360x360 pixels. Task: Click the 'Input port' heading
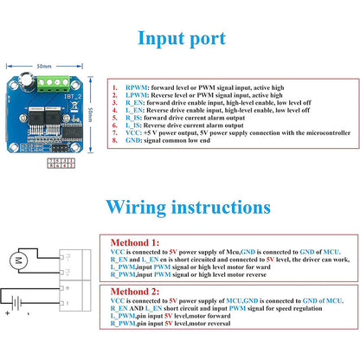coord(183,39)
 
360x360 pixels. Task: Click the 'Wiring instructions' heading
coord(181,208)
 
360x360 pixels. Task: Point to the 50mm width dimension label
coord(44,65)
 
